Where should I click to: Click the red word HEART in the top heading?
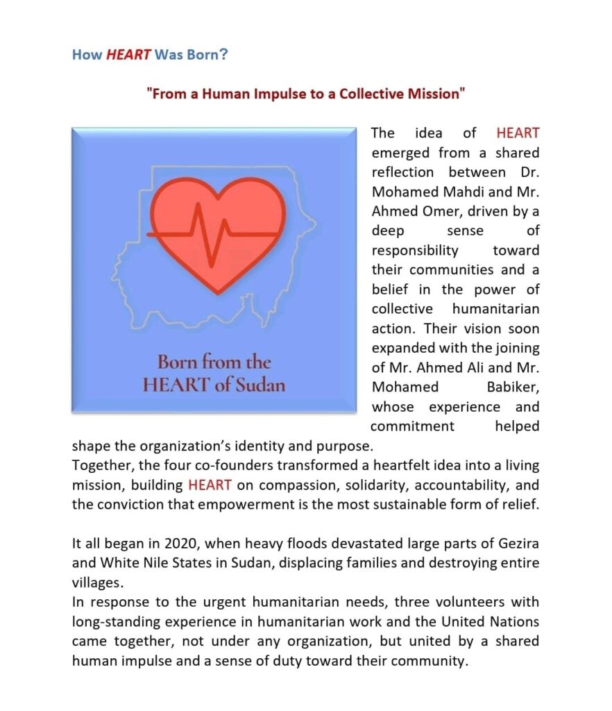tap(128, 54)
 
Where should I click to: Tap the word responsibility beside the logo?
tap(415, 250)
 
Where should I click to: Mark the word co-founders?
tap(212, 465)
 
